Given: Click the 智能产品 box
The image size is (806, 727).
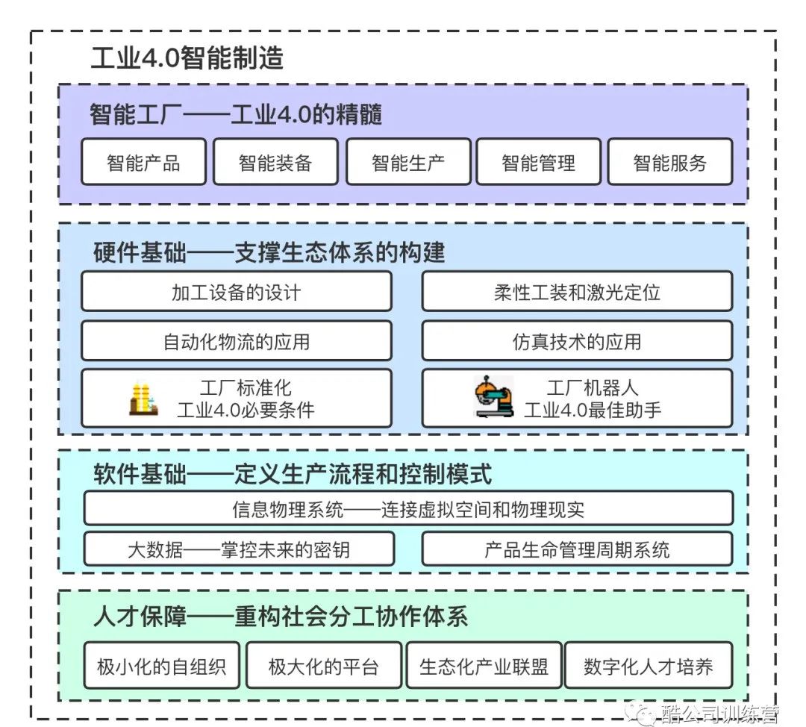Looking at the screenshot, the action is pos(143,161).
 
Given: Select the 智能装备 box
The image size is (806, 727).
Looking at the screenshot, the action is pos(275,161).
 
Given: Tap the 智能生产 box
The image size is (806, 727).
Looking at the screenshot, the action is pos(408,161).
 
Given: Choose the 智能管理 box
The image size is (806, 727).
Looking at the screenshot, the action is pos(538,161).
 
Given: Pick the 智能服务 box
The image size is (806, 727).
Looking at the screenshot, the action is pos(669,161).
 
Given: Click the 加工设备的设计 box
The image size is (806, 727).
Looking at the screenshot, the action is pos(237,291).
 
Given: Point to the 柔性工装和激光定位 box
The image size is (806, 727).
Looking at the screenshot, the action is pos(577,291).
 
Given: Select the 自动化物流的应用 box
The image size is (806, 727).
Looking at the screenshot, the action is pos(237,340).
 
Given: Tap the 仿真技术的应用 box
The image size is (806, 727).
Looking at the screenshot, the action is pos(577,340).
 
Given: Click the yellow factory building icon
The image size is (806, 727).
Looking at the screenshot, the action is pos(143,399).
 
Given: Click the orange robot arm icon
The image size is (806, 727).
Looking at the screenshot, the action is pos(493,396).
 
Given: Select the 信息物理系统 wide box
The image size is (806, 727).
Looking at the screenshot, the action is pos(408,508).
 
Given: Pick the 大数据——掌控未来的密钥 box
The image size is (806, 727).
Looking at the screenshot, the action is pos(239,549).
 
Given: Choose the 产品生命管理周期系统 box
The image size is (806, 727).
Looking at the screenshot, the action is pos(577,549).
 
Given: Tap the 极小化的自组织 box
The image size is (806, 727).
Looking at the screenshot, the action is pos(161,665).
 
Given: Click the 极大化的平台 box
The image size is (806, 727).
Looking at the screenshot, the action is pos(323,665).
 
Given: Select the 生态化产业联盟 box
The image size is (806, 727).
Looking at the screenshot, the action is pos(484,665).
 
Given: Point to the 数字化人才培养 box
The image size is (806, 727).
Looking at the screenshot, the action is pos(649,665).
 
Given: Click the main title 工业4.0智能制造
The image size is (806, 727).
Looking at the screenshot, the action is pos(187,57).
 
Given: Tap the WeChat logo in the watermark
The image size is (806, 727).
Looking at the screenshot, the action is pos(640,713).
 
